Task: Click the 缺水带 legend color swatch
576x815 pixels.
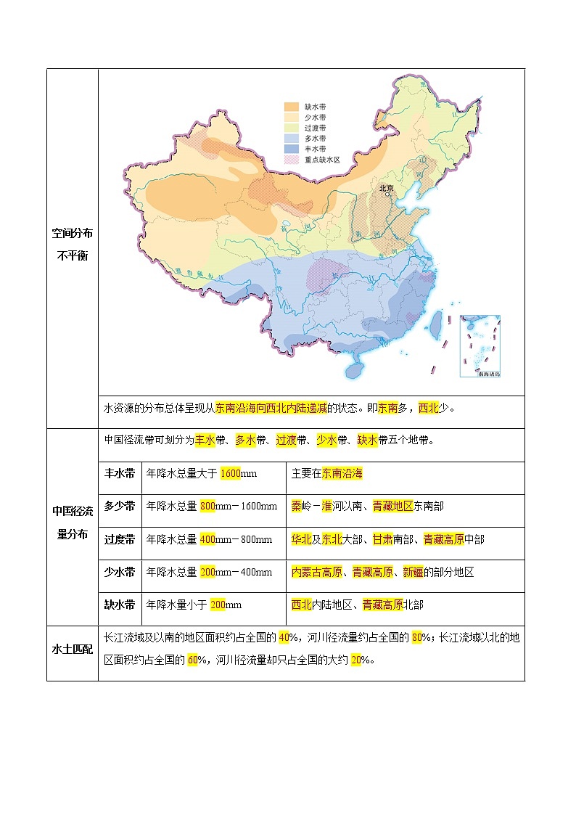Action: click(x=292, y=107)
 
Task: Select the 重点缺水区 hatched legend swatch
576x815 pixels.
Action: click(x=292, y=158)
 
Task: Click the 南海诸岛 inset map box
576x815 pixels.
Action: click(x=480, y=346)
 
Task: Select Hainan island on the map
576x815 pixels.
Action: click(x=353, y=370)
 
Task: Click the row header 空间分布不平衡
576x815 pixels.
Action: click(x=72, y=245)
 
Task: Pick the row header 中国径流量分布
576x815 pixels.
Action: click(x=72, y=523)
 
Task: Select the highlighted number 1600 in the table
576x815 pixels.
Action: click(x=230, y=474)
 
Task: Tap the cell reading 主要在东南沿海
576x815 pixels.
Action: click(x=326, y=474)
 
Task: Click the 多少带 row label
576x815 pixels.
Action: click(x=120, y=507)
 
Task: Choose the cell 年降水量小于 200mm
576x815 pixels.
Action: click(x=194, y=605)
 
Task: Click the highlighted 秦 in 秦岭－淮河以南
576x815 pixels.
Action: click(x=296, y=507)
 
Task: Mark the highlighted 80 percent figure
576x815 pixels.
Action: click(x=417, y=638)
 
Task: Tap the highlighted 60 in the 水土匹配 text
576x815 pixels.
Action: click(x=192, y=660)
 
